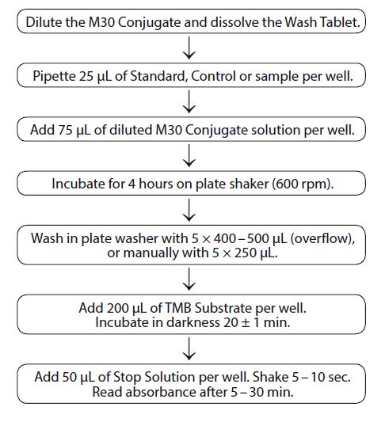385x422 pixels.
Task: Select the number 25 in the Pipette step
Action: coord(86,76)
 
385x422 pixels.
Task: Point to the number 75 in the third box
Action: coord(65,130)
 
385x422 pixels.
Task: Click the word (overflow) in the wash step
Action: coord(322,239)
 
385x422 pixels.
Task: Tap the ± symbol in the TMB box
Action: coord(246,323)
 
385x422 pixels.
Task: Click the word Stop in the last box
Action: coord(128,377)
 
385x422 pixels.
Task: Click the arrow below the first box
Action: coord(189,48)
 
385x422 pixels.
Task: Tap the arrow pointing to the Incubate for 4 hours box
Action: coord(189,155)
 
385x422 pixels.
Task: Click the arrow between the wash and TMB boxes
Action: coord(189,279)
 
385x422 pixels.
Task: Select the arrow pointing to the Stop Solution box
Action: coord(189,349)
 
